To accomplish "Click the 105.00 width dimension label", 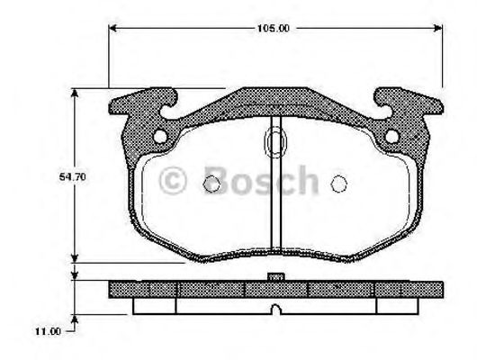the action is click(x=274, y=29).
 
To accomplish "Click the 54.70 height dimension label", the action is click(x=73, y=177).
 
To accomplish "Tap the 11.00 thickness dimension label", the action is click(x=48, y=331).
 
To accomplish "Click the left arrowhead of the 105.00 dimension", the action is click(x=112, y=28).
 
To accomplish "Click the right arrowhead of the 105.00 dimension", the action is click(x=437, y=28).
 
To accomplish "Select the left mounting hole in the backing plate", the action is click(x=160, y=137).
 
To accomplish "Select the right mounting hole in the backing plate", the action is click(x=392, y=136).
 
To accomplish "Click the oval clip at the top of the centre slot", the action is click(x=275, y=142).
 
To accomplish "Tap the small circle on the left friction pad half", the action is click(x=211, y=184).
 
